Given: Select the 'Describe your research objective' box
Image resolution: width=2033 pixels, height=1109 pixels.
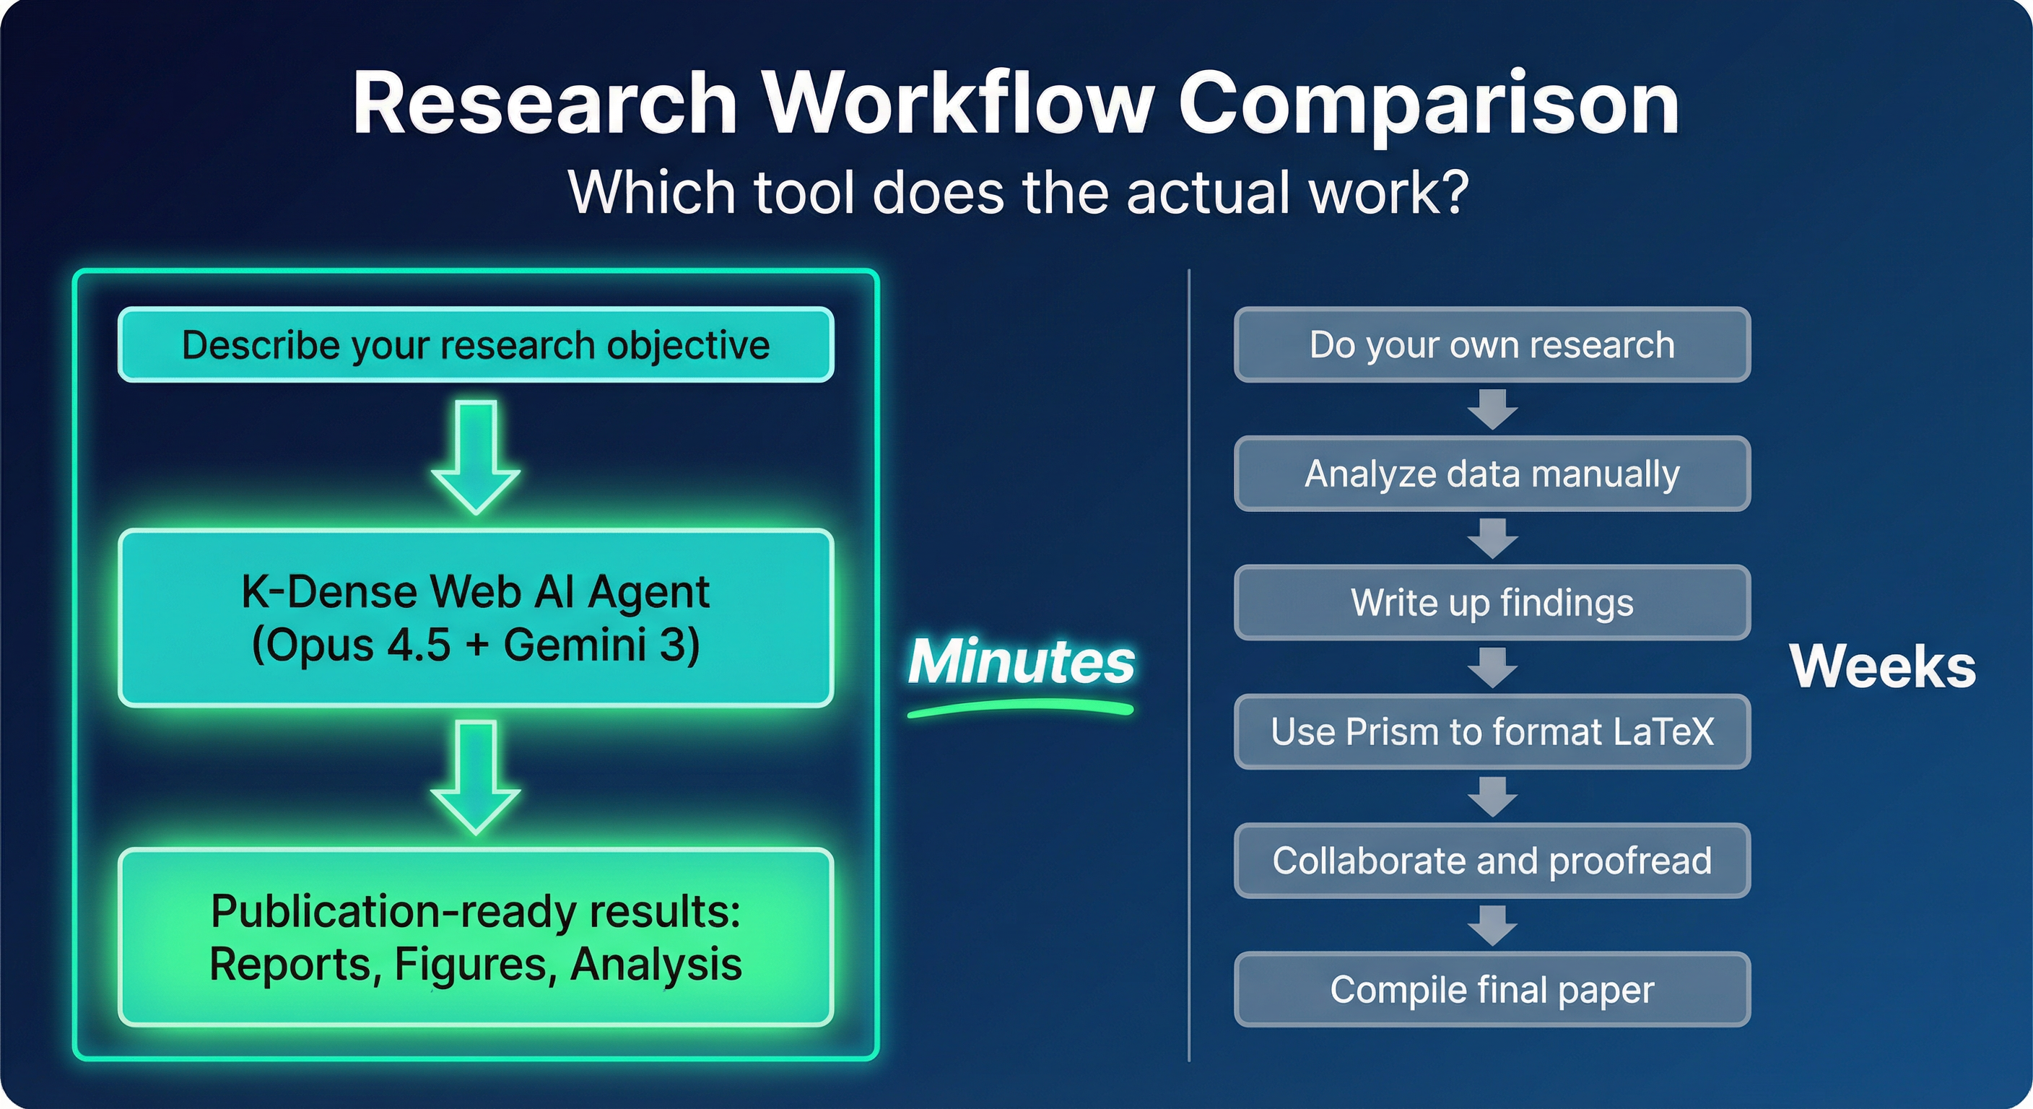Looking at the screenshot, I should pos(476,345).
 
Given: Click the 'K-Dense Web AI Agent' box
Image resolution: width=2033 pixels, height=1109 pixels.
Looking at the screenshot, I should pos(476,618).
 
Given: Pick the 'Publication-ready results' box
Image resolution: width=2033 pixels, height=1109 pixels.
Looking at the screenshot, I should pos(476,937).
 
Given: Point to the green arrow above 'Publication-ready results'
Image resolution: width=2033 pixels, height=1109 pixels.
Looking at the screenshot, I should pos(476,777).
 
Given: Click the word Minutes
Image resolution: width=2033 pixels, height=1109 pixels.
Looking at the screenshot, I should pos(1022,661).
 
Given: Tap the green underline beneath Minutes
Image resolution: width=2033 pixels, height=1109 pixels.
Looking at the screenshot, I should pos(1022,710).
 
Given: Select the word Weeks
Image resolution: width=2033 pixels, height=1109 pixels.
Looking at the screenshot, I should pos(1883,667).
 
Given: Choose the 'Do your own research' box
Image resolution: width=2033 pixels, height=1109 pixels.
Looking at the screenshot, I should pos(1492,345).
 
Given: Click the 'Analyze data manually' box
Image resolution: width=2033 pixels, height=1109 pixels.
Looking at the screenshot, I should pos(1492,474).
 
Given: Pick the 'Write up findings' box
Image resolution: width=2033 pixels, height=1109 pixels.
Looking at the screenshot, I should pos(1492,602).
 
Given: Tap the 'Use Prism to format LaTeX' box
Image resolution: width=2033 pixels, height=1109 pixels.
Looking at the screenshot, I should pos(1492,731).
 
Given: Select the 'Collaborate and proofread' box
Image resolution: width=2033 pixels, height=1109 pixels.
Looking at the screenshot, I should pos(1492,861).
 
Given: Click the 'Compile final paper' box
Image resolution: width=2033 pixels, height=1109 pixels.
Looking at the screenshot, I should pos(1492,989).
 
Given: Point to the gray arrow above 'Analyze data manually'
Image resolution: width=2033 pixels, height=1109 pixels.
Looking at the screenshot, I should pos(1492,409).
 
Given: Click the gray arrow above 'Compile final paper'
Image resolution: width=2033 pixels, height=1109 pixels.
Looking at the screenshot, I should pos(1492,925).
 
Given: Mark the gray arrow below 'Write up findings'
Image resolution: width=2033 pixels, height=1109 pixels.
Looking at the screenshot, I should pos(1492,667).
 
